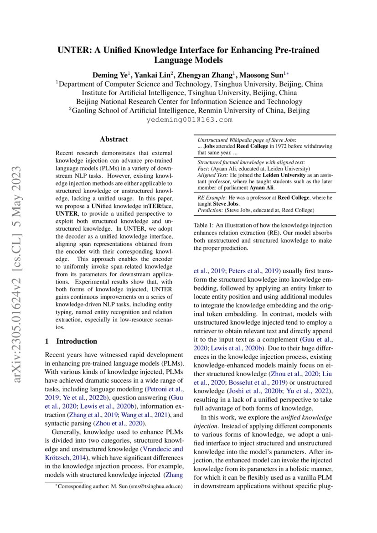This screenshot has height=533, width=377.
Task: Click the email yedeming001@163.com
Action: [189, 120]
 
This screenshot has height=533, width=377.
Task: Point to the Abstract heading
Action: [114, 140]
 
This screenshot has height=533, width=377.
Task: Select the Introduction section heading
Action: [76, 341]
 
